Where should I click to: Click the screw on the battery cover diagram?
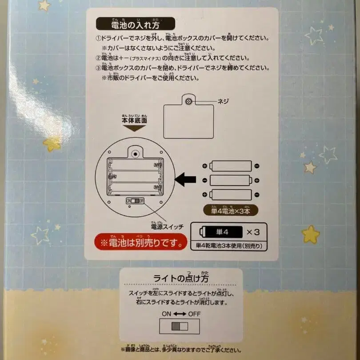[x=189, y=102]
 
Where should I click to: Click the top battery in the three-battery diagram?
[x=230, y=166]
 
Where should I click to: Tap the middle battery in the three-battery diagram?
[x=230, y=180]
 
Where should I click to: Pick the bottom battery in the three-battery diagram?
[x=230, y=195]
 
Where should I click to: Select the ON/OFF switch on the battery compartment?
[x=135, y=200]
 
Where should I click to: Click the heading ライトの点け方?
[x=181, y=278]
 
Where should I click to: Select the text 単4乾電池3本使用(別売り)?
[x=229, y=245]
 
